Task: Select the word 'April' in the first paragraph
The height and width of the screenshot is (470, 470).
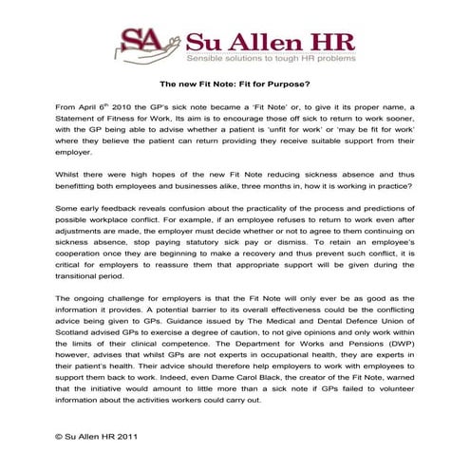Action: pos(89,108)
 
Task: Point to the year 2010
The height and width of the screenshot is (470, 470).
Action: pos(131,108)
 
